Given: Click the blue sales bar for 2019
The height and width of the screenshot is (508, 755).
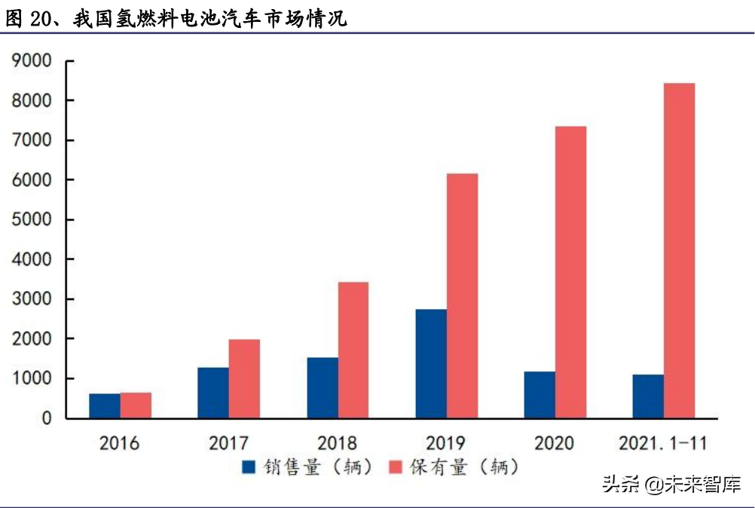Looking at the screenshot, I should click(430, 363).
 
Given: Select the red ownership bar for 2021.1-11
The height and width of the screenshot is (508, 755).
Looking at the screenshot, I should click(679, 250).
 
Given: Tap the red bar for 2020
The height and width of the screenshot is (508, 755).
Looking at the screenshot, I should click(570, 272).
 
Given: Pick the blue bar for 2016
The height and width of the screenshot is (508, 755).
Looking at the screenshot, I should click(105, 405).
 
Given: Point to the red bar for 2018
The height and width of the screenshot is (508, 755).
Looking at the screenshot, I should click(353, 350).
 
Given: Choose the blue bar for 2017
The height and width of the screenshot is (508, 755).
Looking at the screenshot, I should click(213, 392).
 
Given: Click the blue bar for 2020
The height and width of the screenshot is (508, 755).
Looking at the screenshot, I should click(540, 394).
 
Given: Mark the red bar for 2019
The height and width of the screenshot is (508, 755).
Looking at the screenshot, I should click(462, 295).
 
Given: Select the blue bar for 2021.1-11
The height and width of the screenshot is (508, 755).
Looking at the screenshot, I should click(648, 396).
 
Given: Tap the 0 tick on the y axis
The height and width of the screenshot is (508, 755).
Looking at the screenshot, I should click(46, 418).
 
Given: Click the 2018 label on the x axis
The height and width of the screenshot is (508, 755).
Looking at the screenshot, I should click(337, 443).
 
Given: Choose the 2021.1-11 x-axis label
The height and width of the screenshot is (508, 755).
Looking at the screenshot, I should click(663, 443).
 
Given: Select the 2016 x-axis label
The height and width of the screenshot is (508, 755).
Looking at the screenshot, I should click(119, 443).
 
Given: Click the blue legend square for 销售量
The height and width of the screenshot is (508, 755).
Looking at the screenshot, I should click(248, 467).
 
